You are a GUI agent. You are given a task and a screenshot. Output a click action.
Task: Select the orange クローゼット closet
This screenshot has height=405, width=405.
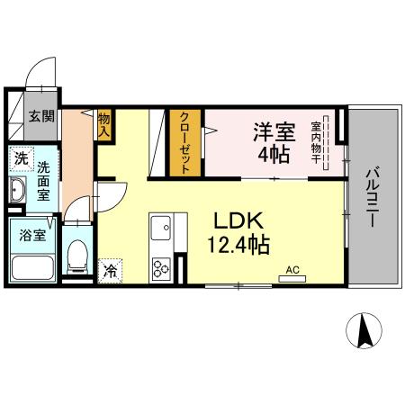(x=184, y=142)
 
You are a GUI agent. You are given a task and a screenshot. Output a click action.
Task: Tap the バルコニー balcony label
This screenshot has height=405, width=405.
(x=372, y=197)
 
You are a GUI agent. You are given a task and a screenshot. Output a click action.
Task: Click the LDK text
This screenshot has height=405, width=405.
(x=238, y=220)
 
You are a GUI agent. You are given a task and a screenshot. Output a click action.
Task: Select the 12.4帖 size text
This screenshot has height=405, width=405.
(x=238, y=243)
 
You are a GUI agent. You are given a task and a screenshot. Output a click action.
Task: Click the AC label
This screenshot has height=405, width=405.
(x=292, y=268)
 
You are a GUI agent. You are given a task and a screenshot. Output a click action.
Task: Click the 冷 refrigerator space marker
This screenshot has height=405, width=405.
(x=112, y=268)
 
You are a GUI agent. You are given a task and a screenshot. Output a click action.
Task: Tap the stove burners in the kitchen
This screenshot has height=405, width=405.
(x=162, y=266)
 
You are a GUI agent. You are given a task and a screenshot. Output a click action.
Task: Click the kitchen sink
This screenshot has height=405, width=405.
(x=162, y=227)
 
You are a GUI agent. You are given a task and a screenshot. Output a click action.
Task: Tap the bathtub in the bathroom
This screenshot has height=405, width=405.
(x=32, y=267)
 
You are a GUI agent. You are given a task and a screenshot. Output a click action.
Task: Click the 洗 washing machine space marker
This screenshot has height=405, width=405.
(x=20, y=159)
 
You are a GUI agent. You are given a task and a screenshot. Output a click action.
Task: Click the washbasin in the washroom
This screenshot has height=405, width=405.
(x=18, y=190)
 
